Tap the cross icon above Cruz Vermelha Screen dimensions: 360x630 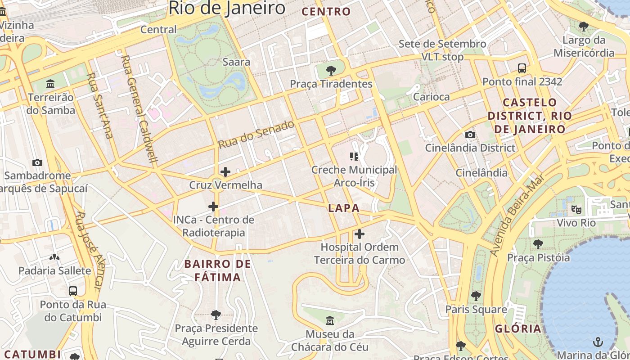pos(225,172)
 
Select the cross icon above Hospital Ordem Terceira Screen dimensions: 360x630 pos(359,234)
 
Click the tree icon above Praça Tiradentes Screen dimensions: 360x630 pos(331,70)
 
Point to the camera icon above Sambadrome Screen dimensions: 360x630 pos(37,162)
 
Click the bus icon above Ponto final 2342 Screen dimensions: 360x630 pos(522,68)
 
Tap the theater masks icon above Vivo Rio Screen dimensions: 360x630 pos(576,209)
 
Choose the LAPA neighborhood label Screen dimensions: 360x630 pos(344,208)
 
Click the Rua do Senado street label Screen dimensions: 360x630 pos(256,134)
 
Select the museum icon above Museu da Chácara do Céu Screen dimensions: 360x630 pos(330,321)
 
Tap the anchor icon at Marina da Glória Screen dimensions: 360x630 pos(598,342)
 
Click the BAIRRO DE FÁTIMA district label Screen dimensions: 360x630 pos(218,270)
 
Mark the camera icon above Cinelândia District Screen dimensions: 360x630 pos(470,135)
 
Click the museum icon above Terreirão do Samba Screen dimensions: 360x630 pos(50,84)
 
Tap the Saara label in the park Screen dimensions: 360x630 pos(236,62)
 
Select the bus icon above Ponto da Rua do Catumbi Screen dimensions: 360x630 pos(73,291)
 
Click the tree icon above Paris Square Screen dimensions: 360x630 pos(476,296)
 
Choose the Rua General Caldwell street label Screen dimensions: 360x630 pos(139,108)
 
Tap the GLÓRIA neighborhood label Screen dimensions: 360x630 pos(518,328)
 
